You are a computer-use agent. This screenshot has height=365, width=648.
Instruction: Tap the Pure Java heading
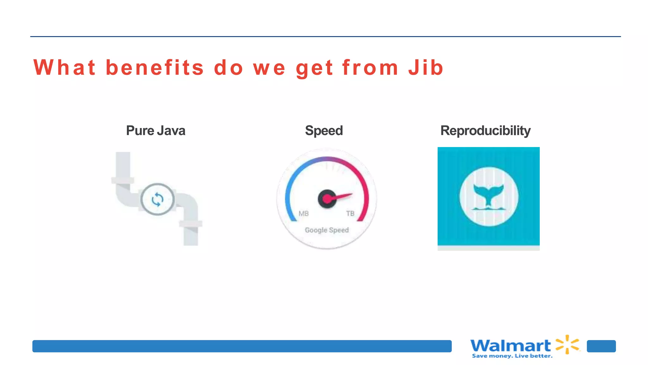156,131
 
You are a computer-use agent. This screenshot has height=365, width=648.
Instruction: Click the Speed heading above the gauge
324,131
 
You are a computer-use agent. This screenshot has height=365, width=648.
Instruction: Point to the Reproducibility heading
485,131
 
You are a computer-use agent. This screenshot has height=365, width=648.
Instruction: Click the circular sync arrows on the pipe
158,199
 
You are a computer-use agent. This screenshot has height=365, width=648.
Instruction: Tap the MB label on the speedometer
303,214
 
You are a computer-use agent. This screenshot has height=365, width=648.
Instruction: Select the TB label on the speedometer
350,214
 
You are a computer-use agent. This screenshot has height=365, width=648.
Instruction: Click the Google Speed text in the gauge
327,230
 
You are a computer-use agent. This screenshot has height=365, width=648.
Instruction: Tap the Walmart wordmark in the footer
510,345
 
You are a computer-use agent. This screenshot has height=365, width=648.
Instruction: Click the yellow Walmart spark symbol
568,344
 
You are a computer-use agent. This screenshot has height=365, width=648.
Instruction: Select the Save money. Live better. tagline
512,356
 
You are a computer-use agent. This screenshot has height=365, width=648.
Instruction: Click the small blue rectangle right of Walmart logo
601,346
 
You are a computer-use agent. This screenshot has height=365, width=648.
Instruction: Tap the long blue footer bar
242,346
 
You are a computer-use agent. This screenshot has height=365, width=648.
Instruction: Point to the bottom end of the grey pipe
191,243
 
